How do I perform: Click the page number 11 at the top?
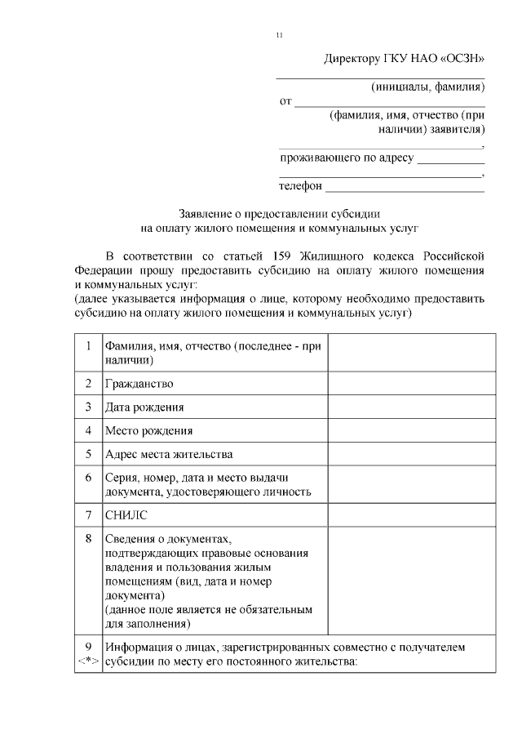coord(279,35)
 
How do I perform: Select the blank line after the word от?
coord(390,104)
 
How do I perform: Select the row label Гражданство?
coord(139,383)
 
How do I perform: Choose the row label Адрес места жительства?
coord(169,453)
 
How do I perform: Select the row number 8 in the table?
coord(88,538)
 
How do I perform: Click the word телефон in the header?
coord(301,186)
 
